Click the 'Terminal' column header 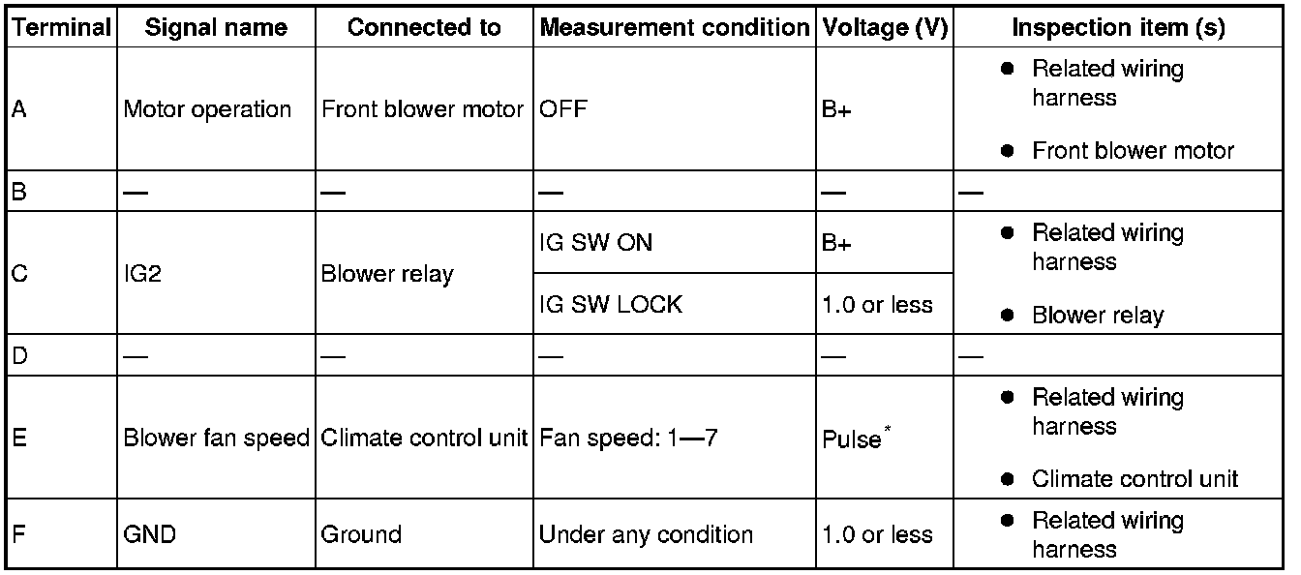[62, 28]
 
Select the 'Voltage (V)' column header [884, 28]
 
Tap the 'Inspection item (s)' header [1118, 28]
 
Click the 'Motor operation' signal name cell [207, 109]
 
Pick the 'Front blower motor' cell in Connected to [422, 109]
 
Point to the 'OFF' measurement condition [563, 109]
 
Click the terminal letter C [19, 274]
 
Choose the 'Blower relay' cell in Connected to [386, 274]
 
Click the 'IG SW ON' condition [595, 242]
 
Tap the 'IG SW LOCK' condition [610, 304]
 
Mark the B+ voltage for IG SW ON [836, 242]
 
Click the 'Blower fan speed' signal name [216, 438]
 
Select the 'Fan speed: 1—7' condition [628, 438]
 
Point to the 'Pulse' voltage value [851, 439]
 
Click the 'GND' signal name [149, 534]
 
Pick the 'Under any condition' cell [646, 534]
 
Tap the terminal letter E [19, 438]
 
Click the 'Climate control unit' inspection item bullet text [1135, 478]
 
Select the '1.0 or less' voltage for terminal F [877, 534]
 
